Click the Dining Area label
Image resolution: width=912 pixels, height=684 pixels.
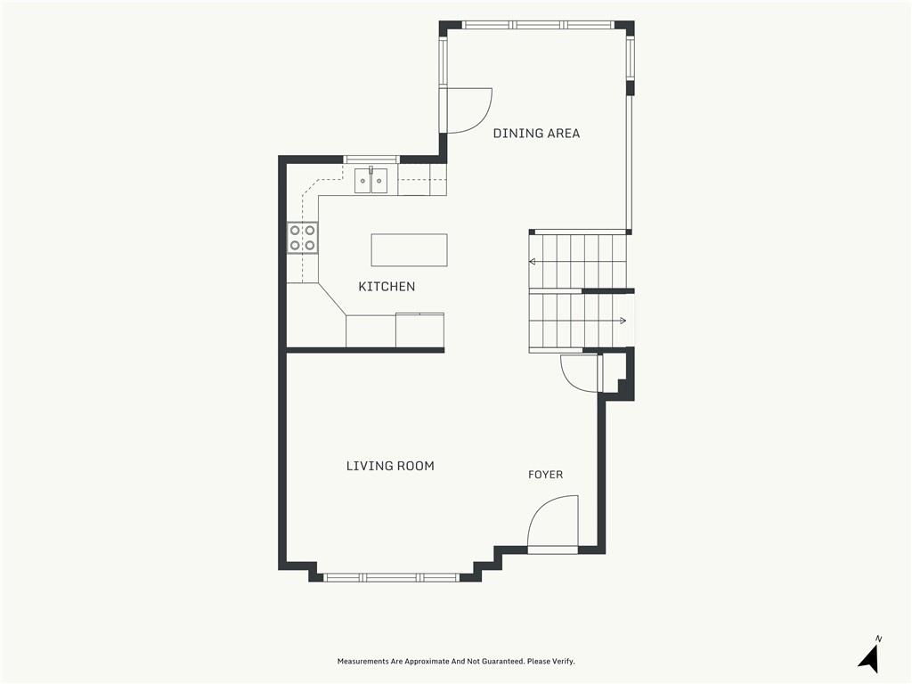coord(536,134)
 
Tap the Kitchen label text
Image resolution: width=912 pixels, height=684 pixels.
coord(387,286)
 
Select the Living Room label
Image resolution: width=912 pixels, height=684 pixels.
coord(390,466)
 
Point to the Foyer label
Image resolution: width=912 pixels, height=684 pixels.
coord(546,475)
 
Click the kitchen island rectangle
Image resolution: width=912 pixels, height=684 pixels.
coord(410,250)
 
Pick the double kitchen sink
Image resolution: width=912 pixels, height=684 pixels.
coord(371,180)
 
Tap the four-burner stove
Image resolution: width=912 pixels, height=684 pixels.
coord(303,238)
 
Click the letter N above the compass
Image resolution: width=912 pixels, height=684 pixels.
coord(879,639)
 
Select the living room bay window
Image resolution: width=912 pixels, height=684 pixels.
coord(392,577)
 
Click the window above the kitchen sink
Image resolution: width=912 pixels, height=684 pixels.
coord(371,159)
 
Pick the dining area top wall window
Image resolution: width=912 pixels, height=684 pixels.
coord(537,25)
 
